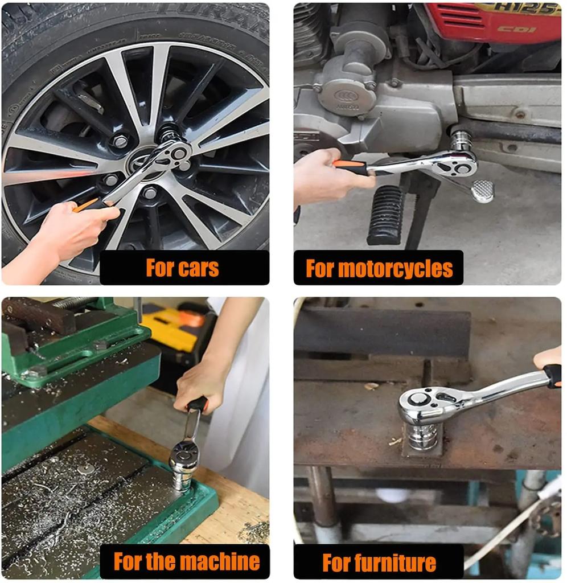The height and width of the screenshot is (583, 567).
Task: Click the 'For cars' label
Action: point(183,268)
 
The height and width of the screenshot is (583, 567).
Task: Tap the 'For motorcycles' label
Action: point(379,268)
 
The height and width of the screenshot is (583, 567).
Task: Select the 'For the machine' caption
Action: point(187,561)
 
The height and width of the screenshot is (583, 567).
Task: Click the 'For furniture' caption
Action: point(379,563)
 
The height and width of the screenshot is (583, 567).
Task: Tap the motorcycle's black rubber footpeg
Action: point(385,215)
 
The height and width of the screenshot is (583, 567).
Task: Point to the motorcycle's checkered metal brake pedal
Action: point(482,190)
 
